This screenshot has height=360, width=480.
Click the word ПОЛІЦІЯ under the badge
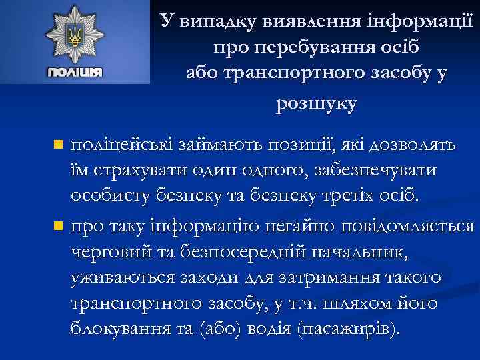[x=75, y=72]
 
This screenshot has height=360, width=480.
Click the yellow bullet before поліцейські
[x=58, y=144]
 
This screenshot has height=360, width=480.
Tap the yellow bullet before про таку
[x=58, y=226]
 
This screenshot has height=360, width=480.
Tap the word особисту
[x=112, y=197]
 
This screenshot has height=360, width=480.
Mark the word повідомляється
[x=408, y=226]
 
